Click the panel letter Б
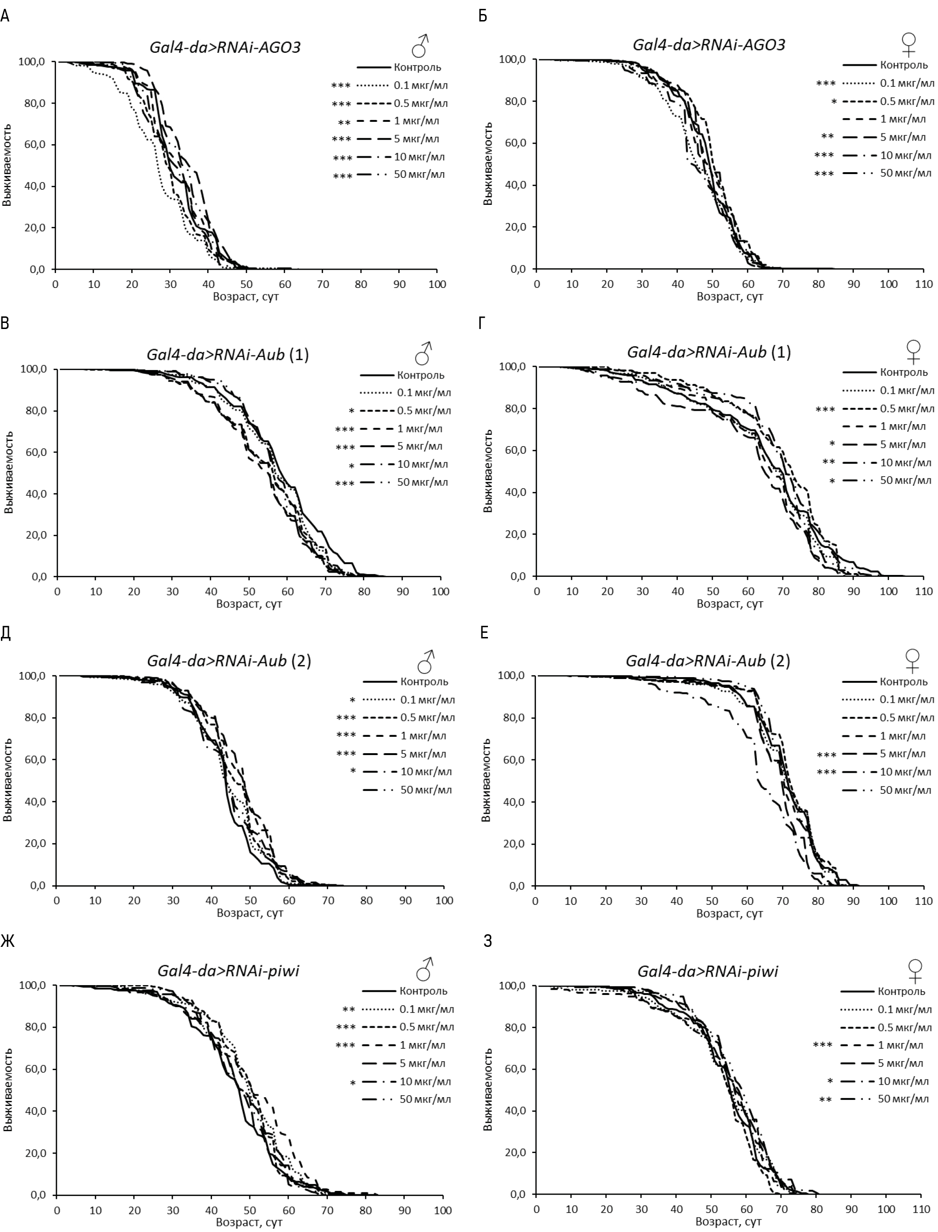(x=483, y=15)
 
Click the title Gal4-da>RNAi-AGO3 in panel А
(x=225, y=47)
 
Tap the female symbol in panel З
(x=915, y=970)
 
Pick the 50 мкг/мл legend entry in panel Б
(x=906, y=173)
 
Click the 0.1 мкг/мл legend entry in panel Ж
(x=427, y=1009)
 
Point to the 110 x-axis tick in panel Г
(x=924, y=591)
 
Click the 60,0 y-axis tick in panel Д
(x=35, y=760)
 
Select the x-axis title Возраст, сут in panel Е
(x=729, y=913)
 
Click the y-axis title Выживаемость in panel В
(x=8, y=472)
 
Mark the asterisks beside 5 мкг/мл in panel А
(x=341, y=139)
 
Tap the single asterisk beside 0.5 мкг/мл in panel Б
(x=834, y=102)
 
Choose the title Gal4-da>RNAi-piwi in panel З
(x=707, y=972)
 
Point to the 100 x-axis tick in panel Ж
(x=443, y=1210)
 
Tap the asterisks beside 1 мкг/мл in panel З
(x=822, y=1045)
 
